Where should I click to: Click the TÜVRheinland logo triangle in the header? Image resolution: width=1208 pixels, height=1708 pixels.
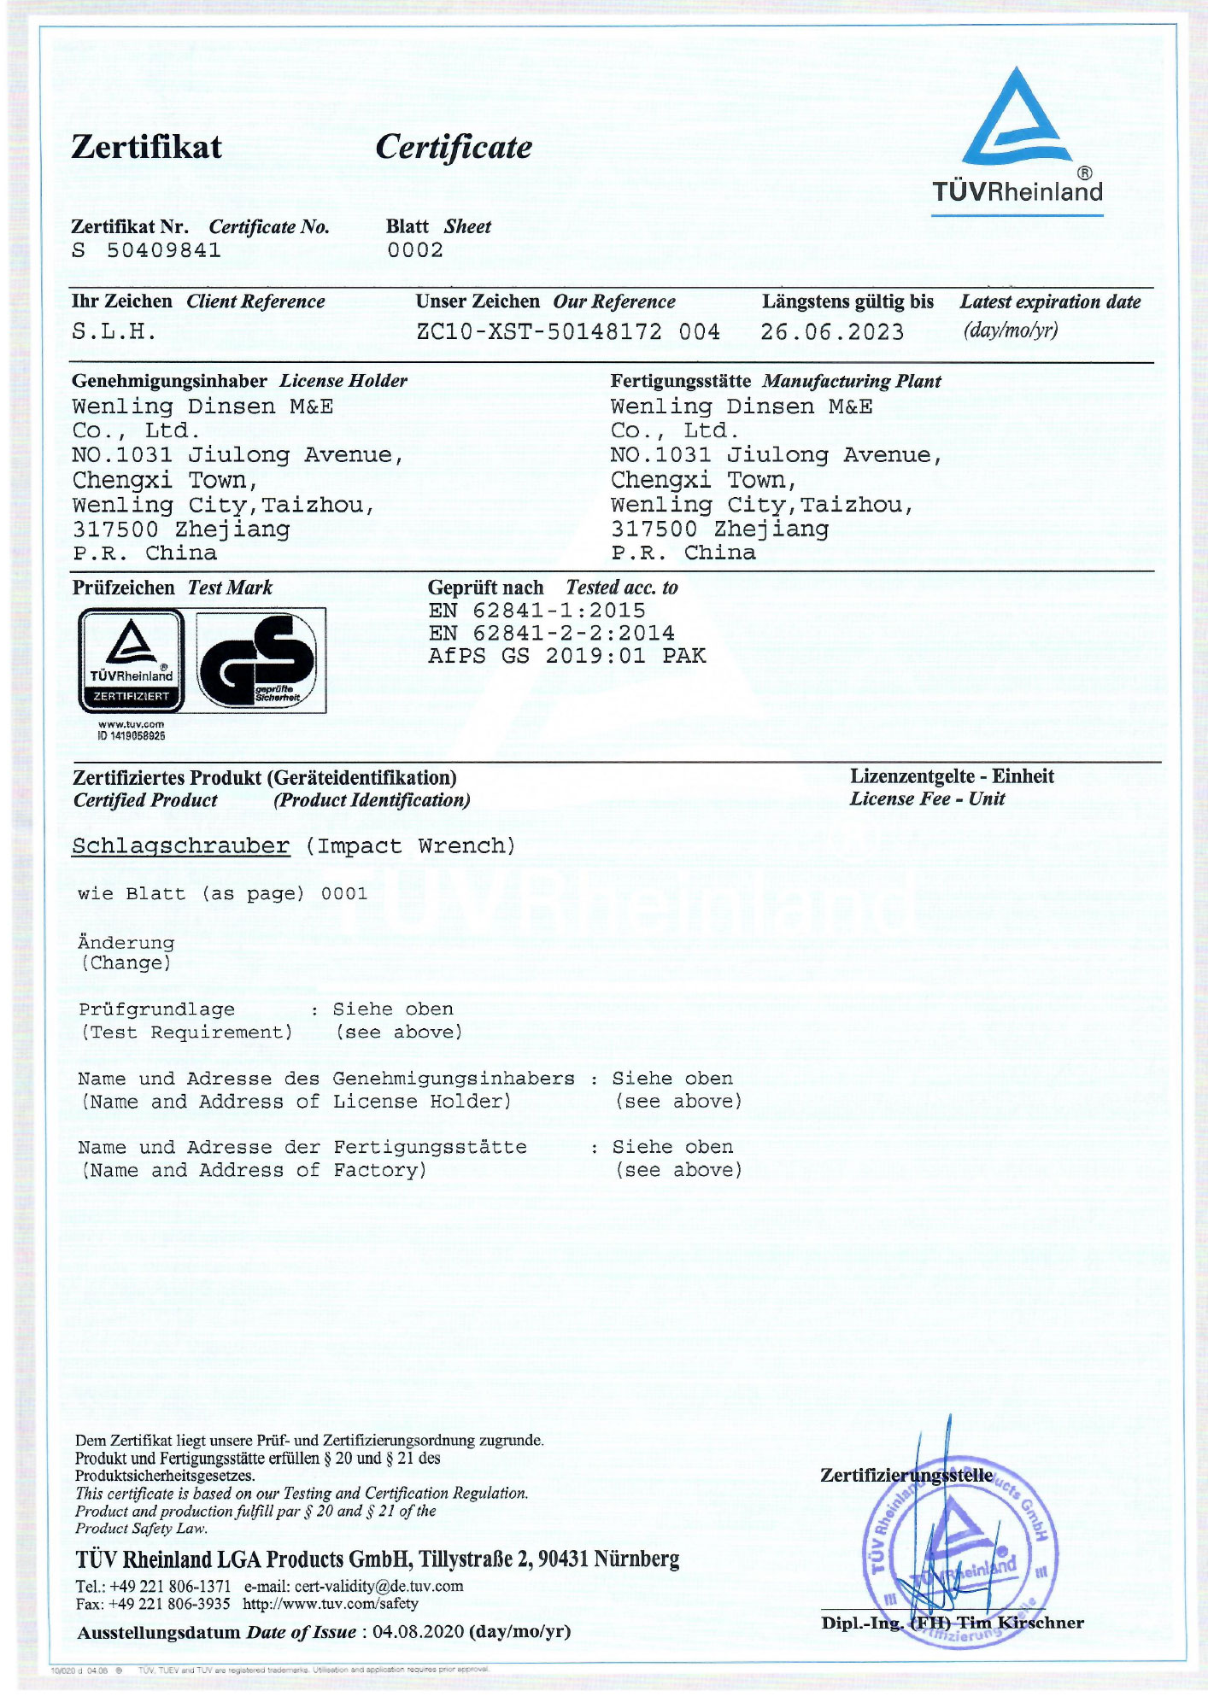1016,120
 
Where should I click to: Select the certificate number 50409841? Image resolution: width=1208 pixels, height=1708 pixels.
163,250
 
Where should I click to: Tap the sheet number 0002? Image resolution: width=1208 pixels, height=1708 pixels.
415,250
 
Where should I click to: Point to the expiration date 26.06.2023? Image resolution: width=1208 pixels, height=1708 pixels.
831,331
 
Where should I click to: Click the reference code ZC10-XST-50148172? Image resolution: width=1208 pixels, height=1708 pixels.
539,331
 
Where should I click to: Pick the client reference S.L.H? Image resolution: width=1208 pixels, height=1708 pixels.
114,331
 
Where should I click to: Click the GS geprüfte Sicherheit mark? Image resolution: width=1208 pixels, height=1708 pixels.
261,661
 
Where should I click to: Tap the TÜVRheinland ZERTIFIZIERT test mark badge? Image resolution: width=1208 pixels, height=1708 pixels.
131,661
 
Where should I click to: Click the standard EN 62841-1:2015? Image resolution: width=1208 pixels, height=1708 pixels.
537,611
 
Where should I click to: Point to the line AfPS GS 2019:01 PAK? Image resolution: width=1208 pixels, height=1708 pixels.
566,656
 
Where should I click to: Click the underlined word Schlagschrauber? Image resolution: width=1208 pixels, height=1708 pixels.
181,846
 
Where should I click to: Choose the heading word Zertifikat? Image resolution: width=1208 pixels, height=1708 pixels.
146,148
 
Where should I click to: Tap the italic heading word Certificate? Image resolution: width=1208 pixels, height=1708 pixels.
453,148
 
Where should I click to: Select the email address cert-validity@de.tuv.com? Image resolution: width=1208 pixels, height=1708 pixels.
378,1586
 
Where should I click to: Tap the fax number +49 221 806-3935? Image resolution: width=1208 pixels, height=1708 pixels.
169,1604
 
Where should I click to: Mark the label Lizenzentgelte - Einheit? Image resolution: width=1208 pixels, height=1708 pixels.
951,776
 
